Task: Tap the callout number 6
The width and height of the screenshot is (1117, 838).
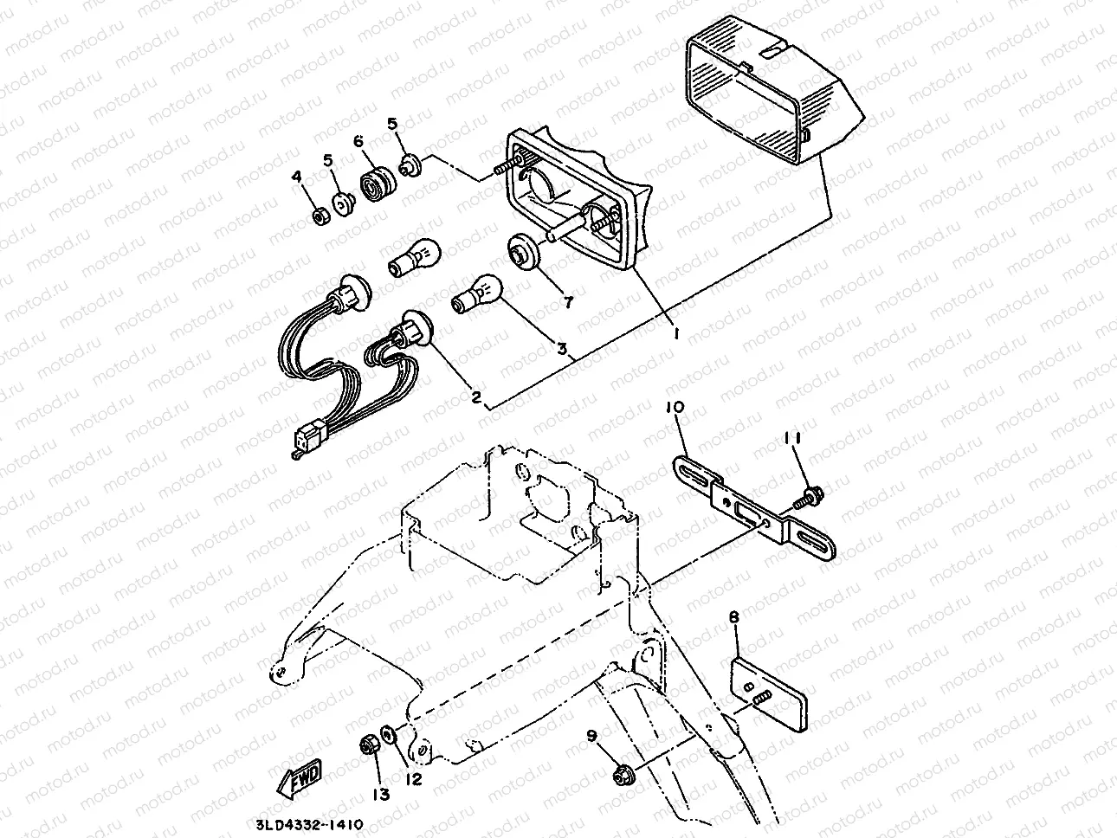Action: [x=357, y=143]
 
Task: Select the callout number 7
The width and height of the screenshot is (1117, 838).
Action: [x=568, y=302]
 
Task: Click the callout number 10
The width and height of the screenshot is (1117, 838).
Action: [x=675, y=407]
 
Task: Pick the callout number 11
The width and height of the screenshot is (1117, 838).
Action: [x=797, y=440]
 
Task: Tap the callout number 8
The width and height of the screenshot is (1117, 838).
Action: [x=734, y=618]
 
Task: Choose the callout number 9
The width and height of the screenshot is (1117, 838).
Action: [x=592, y=736]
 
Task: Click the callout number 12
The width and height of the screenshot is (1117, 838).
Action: [x=413, y=779]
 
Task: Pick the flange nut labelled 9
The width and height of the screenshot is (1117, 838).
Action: [x=621, y=771]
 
